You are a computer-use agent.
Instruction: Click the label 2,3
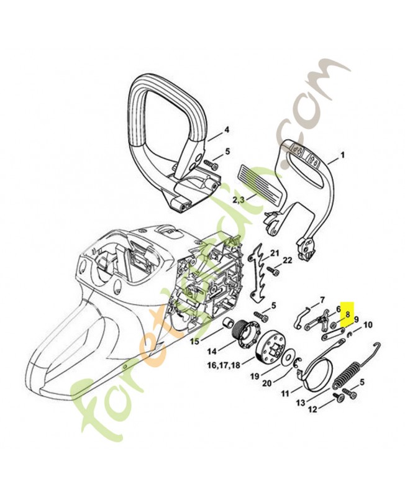click(239, 199)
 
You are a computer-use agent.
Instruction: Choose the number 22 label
click(288, 260)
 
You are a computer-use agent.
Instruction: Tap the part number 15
click(194, 341)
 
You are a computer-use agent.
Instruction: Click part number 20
click(266, 383)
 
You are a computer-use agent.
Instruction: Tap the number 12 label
click(313, 409)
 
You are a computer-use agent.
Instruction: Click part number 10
click(368, 324)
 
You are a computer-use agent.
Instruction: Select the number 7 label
click(322, 299)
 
